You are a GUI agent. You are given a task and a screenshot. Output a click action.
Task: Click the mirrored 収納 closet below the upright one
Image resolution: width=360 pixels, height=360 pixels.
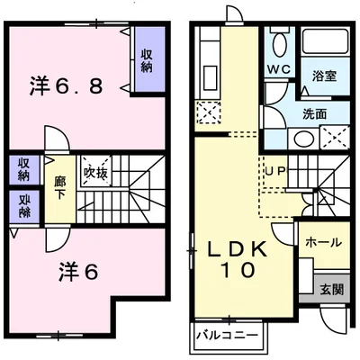tap(22, 206)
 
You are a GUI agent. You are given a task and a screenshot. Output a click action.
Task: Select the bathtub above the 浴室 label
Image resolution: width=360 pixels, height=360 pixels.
tap(328, 42)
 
